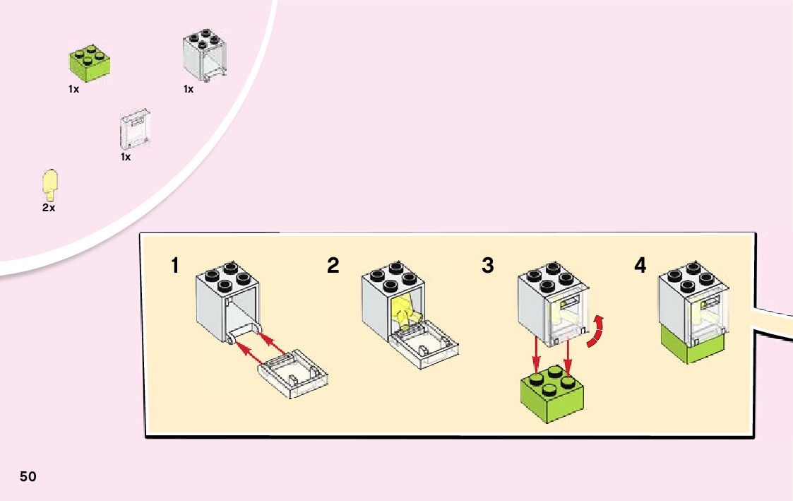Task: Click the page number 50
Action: point(28,476)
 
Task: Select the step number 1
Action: point(174,266)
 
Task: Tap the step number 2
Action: point(333,266)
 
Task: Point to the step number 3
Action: point(488,266)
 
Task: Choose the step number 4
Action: point(640,266)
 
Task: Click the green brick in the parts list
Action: point(88,61)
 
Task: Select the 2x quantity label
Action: point(48,208)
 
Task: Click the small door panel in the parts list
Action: point(136,129)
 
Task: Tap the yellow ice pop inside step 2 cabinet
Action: point(404,312)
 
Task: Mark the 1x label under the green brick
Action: point(73,90)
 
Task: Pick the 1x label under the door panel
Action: point(126,157)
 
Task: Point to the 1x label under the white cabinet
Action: point(189,90)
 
